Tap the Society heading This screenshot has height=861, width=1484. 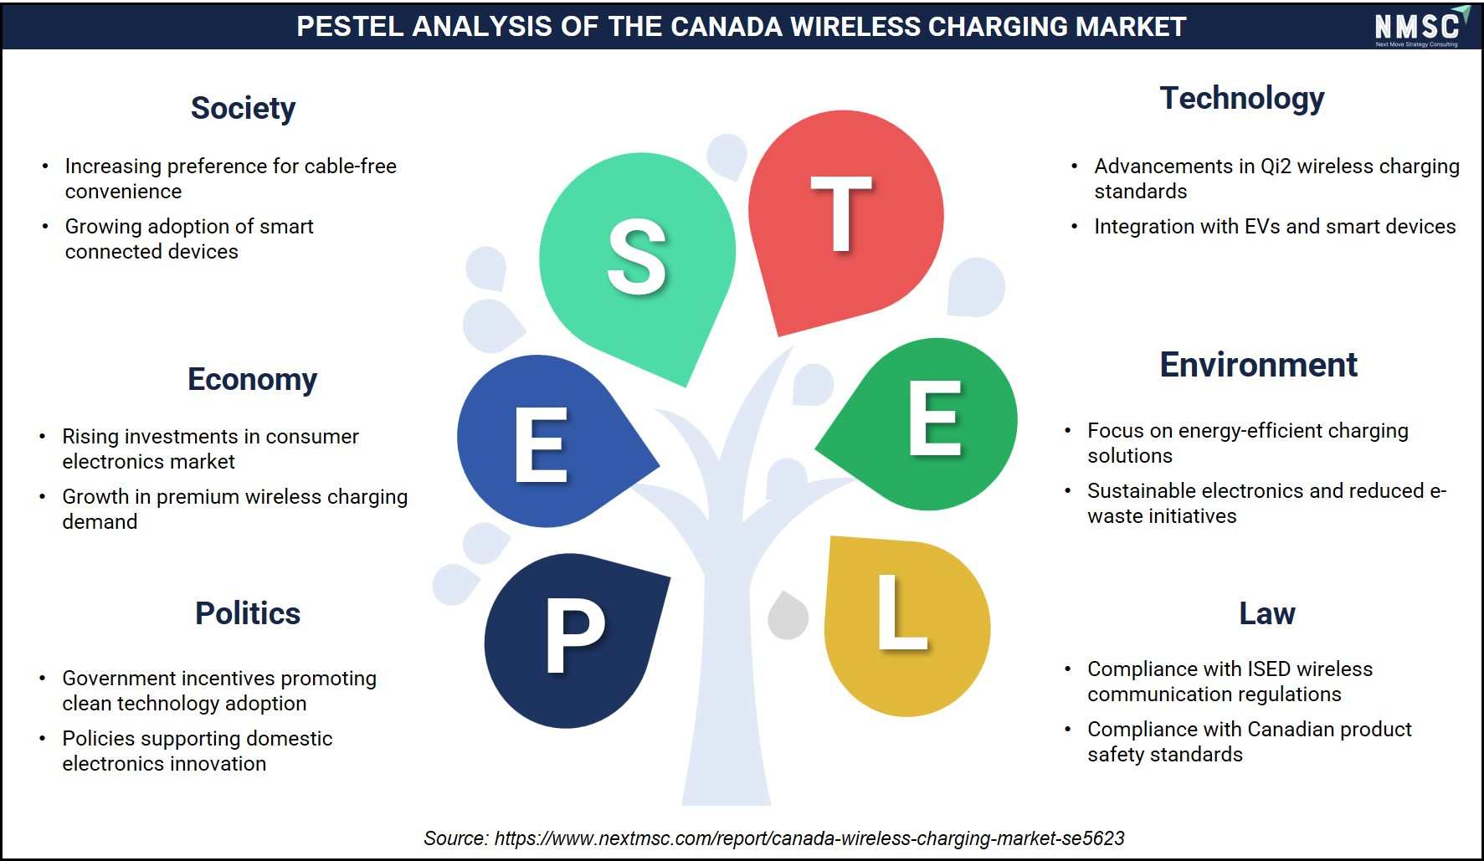pyautogui.click(x=243, y=108)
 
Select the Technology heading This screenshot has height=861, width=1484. pyautogui.click(x=1242, y=99)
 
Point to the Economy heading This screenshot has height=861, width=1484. pyautogui.click(x=252, y=379)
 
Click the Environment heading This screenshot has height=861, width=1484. pyautogui.click(x=1258, y=365)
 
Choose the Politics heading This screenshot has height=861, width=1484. pyautogui.click(x=248, y=613)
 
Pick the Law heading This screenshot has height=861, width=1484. pyautogui.click(x=1267, y=613)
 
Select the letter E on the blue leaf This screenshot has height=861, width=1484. pyautogui.click(x=542, y=444)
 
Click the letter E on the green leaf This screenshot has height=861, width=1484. pyautogui.click(x=935, y=418)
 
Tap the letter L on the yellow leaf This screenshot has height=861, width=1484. pyautogui.click(x=902, y=612)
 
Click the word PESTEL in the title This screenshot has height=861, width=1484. pyautogui.click(x=350, y=27)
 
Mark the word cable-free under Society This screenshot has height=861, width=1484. pyautogui.click(x=351, y=166)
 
